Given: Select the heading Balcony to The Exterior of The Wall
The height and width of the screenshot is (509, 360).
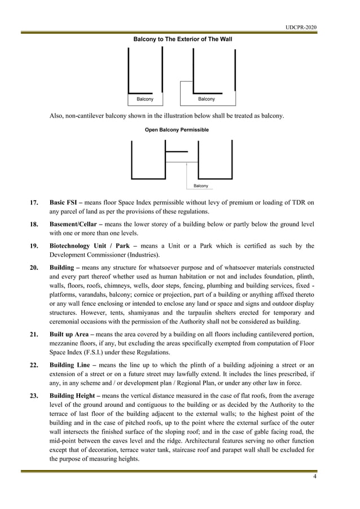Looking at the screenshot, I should point(182,40).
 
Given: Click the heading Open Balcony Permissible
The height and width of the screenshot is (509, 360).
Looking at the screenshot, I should point(177,130).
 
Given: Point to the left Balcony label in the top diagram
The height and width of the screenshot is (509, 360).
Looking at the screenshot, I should point(145,99).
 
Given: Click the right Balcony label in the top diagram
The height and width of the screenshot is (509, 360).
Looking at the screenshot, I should point(207,99).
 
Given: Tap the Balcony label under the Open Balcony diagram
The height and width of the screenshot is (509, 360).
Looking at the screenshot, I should point(200,186).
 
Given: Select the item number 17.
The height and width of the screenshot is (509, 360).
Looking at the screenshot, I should point(34,202).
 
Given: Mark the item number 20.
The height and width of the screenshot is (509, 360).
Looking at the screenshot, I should point(34,268).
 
